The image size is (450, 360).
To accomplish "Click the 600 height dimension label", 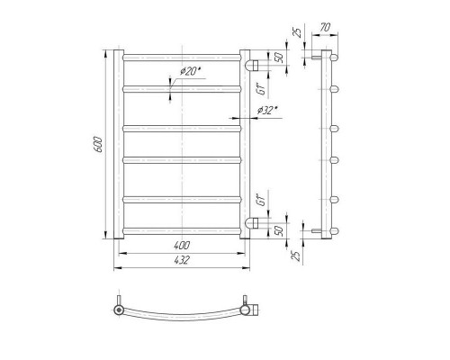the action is point(98,144).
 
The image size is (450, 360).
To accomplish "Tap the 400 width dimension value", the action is point(182,246).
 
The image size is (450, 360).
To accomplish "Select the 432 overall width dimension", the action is point(182,260).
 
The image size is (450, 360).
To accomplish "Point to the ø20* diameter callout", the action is point(190,71).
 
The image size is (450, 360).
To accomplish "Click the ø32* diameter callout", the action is point(266,111).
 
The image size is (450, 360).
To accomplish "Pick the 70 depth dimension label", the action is point(325,27).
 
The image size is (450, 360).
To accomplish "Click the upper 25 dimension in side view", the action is point(298,31).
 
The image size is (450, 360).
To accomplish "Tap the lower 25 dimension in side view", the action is point(296,255).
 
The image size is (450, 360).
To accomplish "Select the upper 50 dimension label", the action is point(279,58).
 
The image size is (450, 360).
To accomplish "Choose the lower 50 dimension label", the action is point(279,230).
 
